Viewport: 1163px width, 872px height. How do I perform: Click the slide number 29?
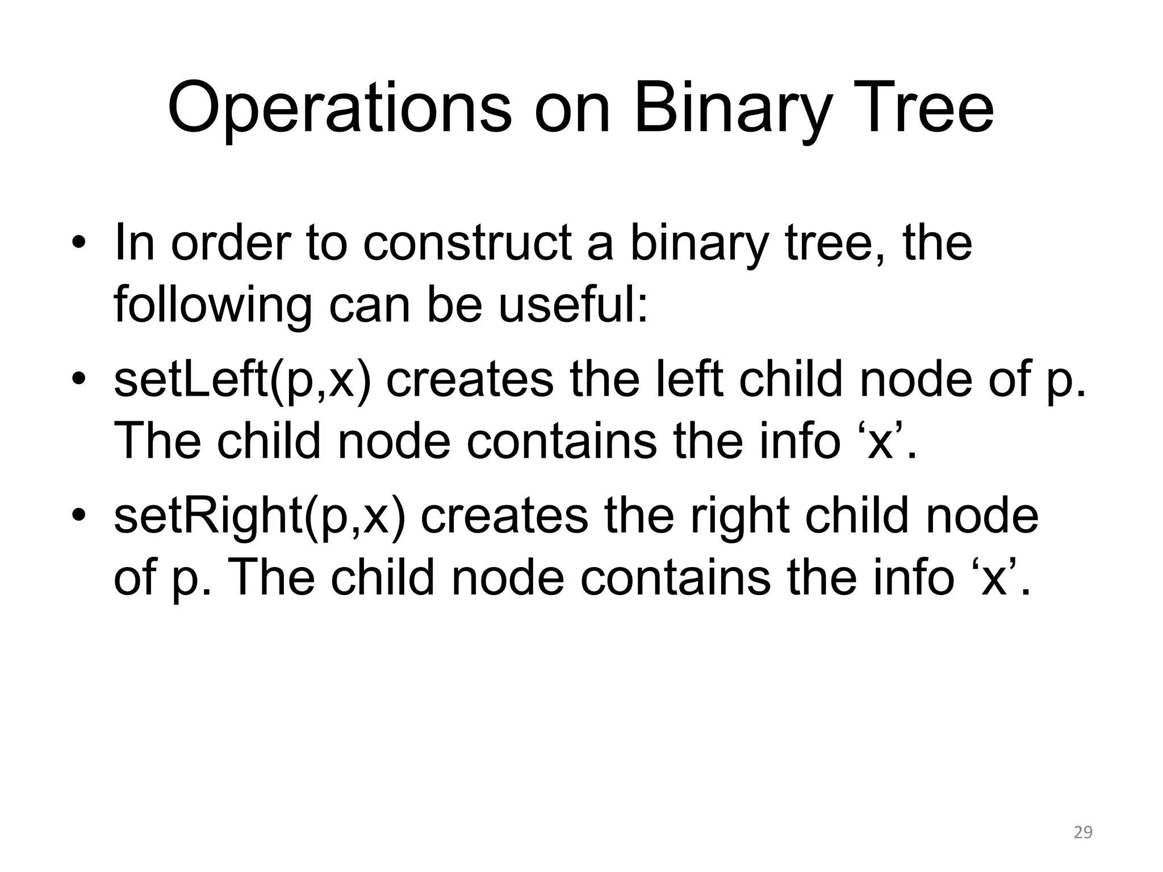tap(1083, 833)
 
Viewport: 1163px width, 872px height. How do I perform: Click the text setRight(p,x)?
tap(260, 517)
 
